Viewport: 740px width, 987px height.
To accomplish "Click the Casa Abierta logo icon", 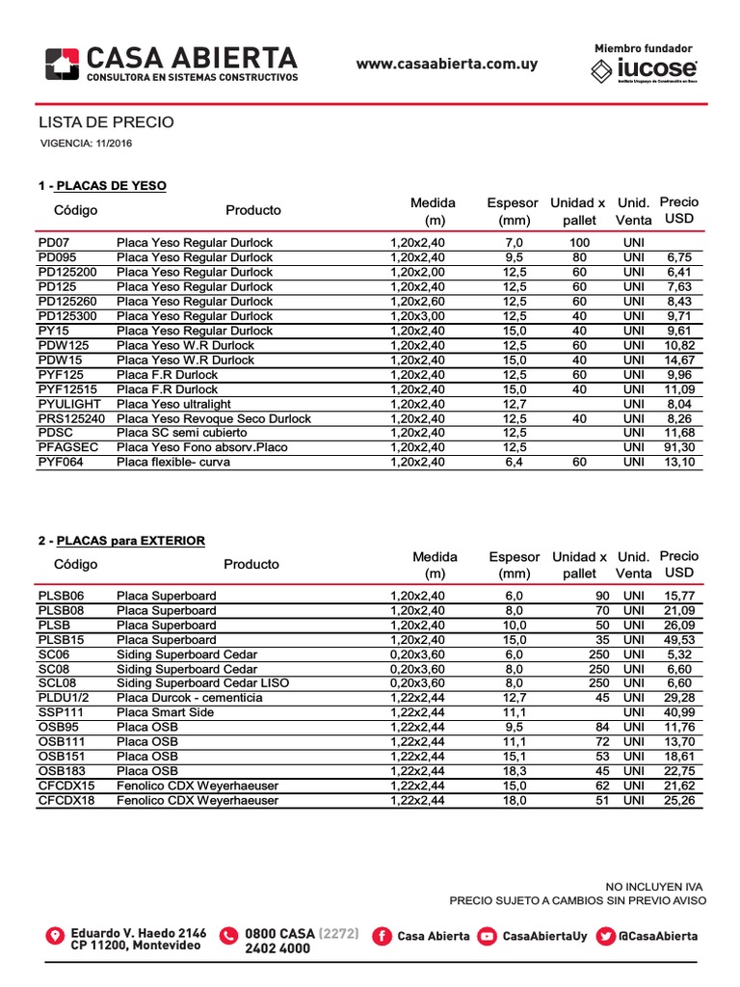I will coord(64,64).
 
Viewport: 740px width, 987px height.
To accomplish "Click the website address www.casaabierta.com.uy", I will coord(447,65).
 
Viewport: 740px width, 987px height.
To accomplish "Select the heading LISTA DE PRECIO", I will coord(106,122).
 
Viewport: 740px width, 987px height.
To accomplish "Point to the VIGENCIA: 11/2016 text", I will coord(87,144).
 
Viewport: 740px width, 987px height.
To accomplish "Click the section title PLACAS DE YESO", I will coord(111,185).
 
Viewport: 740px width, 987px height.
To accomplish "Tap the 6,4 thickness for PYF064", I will coord(514,462).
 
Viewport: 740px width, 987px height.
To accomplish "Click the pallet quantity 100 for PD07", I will coord(579,242).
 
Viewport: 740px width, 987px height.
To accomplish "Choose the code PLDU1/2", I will coord(64,697).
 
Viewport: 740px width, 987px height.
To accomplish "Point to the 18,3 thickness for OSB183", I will coord(514,770).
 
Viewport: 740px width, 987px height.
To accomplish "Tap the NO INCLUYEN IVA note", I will coord(655,886).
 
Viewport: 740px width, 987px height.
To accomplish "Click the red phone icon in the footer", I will coord(228,936).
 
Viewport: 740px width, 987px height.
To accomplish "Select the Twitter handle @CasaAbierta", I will coord(658,936).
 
